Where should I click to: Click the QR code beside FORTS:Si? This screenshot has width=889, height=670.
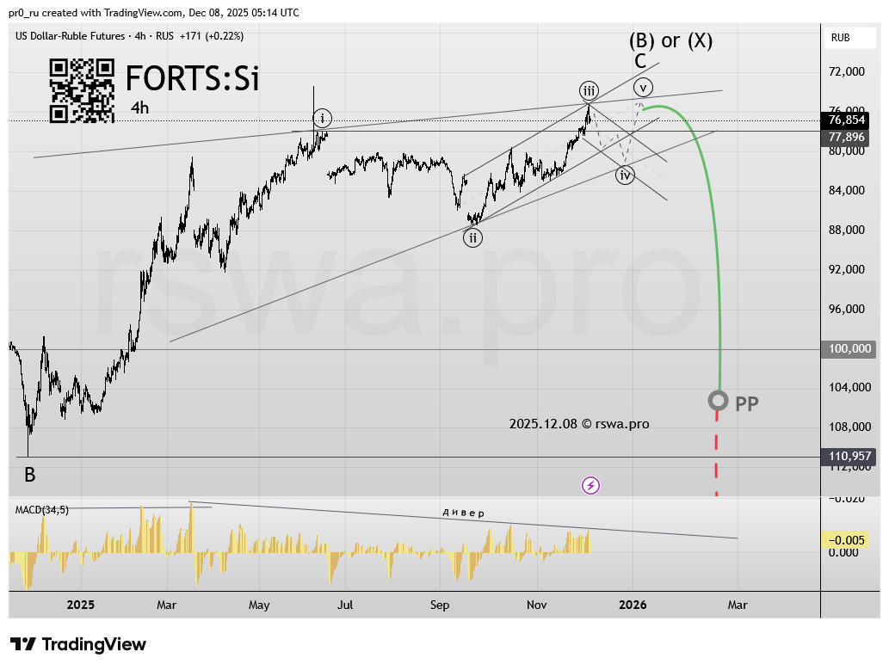[82, 90]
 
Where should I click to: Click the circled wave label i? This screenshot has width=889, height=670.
[322, 119]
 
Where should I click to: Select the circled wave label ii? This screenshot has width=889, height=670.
[472, 238]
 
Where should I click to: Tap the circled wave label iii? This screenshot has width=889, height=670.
[589, 91]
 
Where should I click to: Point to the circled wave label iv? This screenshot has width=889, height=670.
[625, 175]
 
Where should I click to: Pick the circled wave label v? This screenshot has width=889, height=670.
[643, 87]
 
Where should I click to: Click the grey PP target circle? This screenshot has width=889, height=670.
[718, 401]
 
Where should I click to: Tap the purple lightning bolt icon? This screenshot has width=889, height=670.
[590, 486]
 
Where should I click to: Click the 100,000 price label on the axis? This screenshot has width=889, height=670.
[849, 349]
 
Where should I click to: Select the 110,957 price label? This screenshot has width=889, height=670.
[849, 458]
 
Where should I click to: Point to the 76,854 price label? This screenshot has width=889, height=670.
[847, 121]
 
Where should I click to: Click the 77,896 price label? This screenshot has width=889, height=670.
[847, 137]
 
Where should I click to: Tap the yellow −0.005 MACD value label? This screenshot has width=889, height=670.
[849, 540]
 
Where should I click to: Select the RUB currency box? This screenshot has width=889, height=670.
[840, 38]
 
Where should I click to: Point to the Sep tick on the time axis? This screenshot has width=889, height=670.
[440, 605]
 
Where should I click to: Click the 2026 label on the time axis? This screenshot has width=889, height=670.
[633, 605]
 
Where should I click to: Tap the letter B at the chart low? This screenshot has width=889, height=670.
[29, 475]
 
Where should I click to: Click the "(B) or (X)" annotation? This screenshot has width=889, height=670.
[670, 40]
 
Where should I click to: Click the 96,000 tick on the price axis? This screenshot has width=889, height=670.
[848, 310]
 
